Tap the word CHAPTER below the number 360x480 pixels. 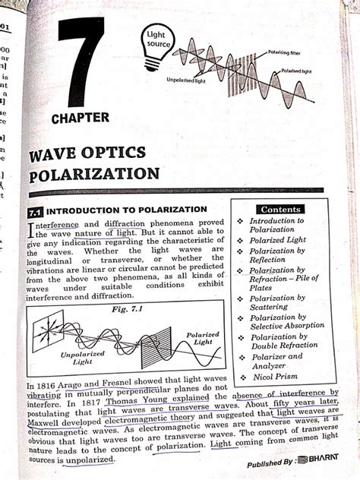pos(81,118)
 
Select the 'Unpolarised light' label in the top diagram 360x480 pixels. pos(187,79)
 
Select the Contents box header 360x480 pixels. pos(280,209)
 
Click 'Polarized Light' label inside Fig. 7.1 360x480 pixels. pos(202,338)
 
